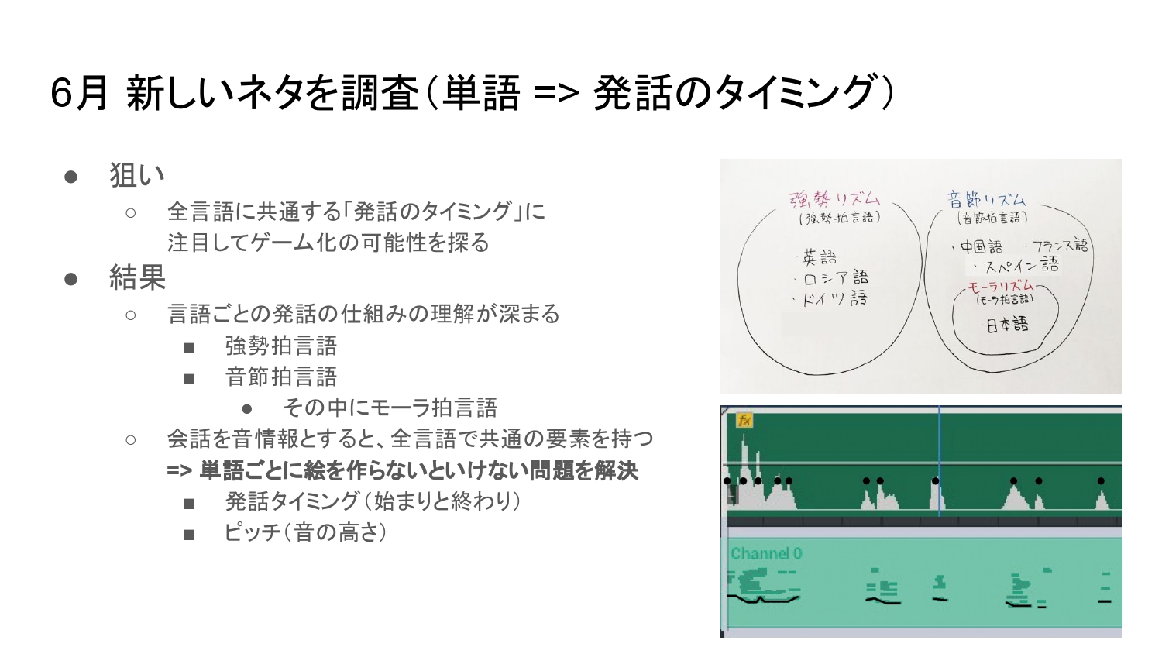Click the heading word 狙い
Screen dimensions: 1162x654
[x=137, y=175]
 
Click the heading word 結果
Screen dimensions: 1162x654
[x=137, y=277]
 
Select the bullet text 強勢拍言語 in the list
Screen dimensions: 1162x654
[x=281, y=346]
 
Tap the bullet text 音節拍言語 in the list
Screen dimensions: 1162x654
[x=281, y=377]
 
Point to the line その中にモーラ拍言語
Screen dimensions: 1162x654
[x=390, y=408]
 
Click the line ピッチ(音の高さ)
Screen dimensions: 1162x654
[x=305, y=532]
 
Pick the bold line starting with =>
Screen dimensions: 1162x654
[x=403, y=471]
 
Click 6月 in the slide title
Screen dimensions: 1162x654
[x=79, y=93]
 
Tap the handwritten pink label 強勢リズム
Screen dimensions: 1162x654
[x=834, y=199]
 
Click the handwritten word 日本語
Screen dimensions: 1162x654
[x=1007, y=325]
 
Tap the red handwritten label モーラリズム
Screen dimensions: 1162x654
[x=1001, y=286]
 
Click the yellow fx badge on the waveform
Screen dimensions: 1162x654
[x=744, y=420]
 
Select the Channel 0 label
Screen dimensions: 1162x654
[x=766, y=554]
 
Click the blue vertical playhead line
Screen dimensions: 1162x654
[x=939, y=461]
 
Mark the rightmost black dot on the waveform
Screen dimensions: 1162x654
[x=1101, y=481]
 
